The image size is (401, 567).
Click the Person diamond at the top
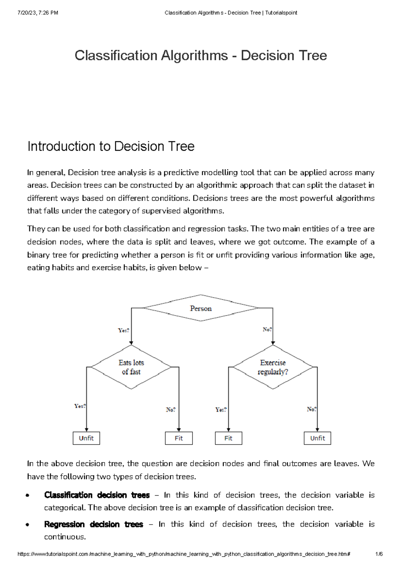pyautogui.click(x=200, y=308)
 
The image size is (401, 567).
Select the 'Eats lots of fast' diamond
pyautogui.click(x=131, y=367)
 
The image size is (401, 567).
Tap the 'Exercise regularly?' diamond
pyautogui.click(x=273, y=367)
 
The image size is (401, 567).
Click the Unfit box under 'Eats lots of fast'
pyautogui.click(x=86, y=438)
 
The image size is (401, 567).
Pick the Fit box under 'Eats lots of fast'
pyautogui.click(x=179, y=438)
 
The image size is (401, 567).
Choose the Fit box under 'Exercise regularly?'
pyautogui.click(x=228, y=438)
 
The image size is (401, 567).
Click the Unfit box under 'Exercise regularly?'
pyautogui.click(x=317, y=438)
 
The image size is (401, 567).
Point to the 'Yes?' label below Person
pyautogui.click(x=123, y=330)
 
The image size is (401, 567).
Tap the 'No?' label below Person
pyautogui.click(x=267, y=329)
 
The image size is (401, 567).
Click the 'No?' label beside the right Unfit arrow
pyautogui.click(x=311, y=409)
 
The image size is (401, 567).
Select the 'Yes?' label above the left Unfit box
pyautogui.click(x=80, y=406)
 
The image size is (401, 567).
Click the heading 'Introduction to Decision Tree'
pyautogui.click(x=111, y=146)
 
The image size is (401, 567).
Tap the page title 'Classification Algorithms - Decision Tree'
pyautogui.click(x=200, y=55)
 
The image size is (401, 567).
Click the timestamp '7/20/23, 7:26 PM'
pyautogui.click(x=38, y=13)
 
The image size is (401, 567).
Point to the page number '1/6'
pyautogui.click(x=379, y=554)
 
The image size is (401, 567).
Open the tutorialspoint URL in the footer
pyautogui.click(x=183, y=554)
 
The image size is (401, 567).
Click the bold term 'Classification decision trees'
pyautogui.click(x=97, y=495)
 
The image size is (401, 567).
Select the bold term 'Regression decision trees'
pyautogui.click(x=94, y=524)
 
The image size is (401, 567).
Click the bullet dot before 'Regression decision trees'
pyautogui.click(x=28, y=525)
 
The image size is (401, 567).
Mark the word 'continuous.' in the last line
pyautogui.click(x=65, y=537)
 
